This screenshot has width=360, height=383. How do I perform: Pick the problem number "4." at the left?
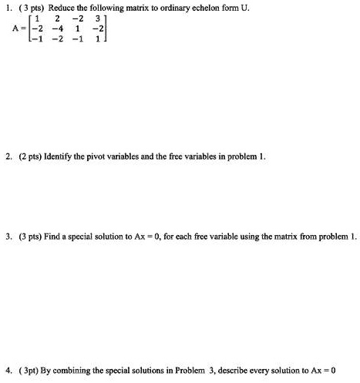pos(6,369)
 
